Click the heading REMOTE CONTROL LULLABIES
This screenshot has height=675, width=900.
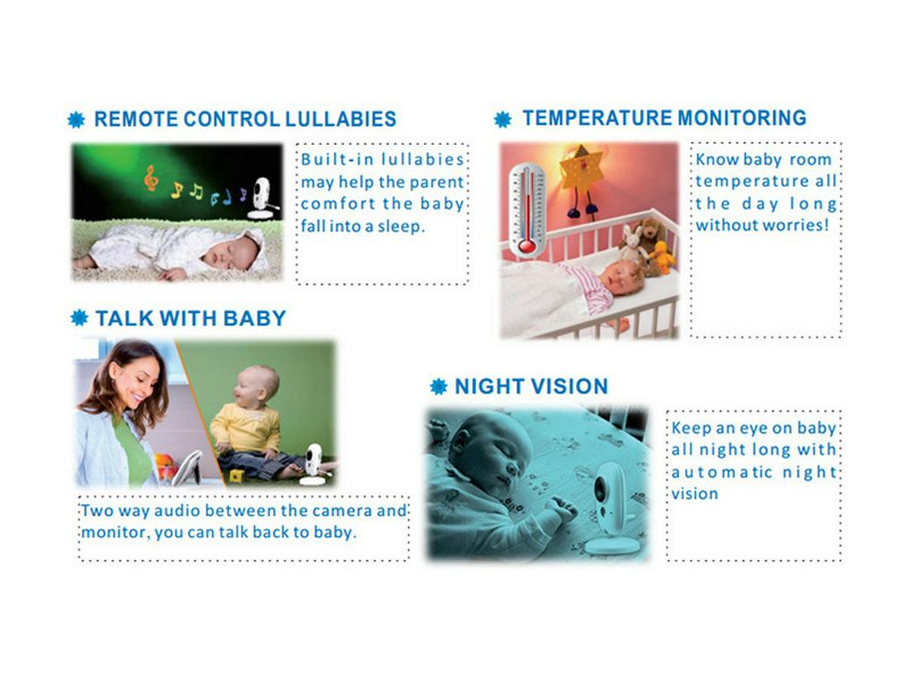[x=244, y=119]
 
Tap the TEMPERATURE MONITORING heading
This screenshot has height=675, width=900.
[x=664, y=118]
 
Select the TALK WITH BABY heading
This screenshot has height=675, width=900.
[x=191, y=317]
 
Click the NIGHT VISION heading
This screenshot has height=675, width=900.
[x=531, y=386]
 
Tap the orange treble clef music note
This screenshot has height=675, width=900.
[x=150, y=180]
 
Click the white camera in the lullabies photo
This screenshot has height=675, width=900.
[x=260, y=198]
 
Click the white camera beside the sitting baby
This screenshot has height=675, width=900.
[x=313, y=463]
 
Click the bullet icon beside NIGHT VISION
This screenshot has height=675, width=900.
[x=438, y=386]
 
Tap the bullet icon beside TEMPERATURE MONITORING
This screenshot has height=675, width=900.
[x=503, y=119]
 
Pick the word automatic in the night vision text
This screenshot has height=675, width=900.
[x=720, y=472]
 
